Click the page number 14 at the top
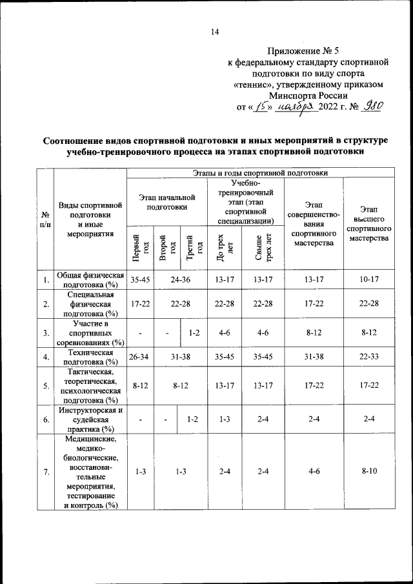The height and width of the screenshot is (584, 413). tap(216, 32)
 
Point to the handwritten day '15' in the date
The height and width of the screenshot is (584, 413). tap(261, 107)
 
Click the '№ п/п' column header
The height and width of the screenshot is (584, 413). tap(45, 219)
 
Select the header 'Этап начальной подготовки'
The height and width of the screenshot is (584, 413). tap(166, 202)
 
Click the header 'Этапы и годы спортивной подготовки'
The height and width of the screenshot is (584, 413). tap(260, 172)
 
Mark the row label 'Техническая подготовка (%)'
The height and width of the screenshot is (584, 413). tap(90, 357)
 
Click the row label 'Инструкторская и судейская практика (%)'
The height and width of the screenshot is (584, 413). tap(90, 419)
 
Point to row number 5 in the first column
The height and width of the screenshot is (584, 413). tap(45, 387)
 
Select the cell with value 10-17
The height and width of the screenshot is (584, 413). tap(369, 280)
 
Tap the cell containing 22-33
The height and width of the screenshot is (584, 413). tap(369, 357)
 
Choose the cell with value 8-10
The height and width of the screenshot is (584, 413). tap(369, 472)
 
